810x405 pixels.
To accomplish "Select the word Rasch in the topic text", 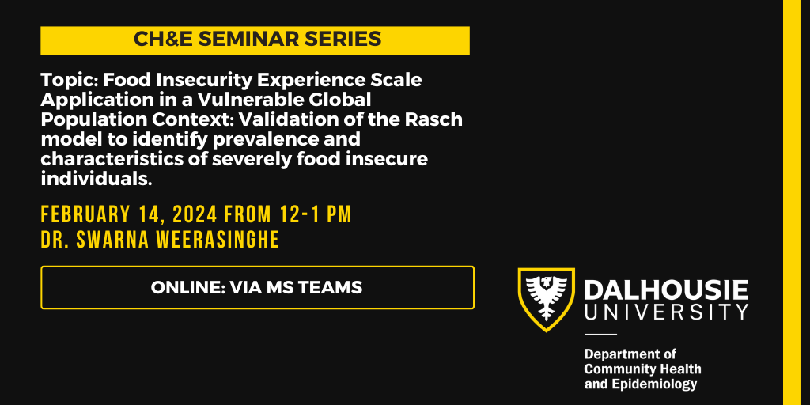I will [435, 119].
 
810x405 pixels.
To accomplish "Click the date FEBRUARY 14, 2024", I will [130, 214].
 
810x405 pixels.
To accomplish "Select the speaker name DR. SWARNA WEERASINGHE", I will [160, 240].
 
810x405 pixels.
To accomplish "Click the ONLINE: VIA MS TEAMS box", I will [257, 288].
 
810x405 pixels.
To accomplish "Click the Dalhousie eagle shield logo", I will [545, 299].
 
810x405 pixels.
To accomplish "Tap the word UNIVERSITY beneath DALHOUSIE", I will [666, 312].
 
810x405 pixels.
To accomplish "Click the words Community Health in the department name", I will [642, 369].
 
